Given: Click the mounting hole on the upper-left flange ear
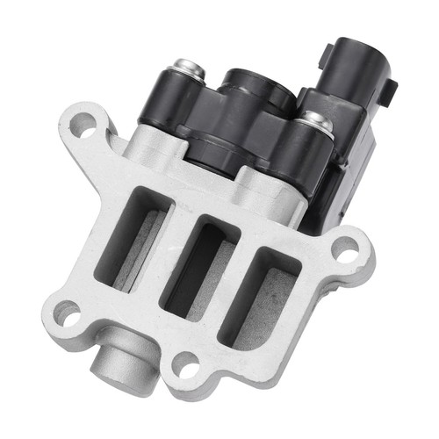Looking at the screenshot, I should click(x=82, y=126).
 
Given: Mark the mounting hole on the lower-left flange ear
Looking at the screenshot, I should click(x=67, y=313).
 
